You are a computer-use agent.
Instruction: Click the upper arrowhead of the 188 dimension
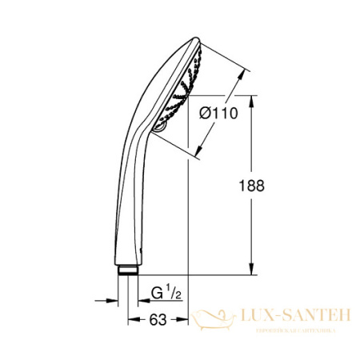254,100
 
